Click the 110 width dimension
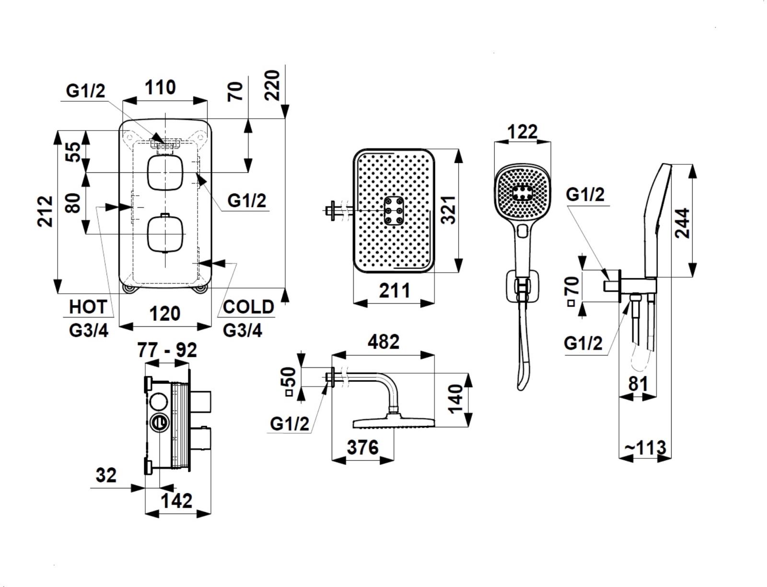160,88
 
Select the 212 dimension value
46,211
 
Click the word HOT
88,307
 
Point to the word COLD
248,307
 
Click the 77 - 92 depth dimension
167,350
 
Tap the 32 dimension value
106,476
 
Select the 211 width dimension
395,290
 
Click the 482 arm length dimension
383,342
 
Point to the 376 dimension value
362,447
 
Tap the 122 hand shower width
522,132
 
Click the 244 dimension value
682,223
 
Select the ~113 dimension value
645,448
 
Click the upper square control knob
165,172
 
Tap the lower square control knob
165,234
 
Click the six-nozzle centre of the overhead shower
394,211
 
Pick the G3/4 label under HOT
89,331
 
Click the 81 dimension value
638,384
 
